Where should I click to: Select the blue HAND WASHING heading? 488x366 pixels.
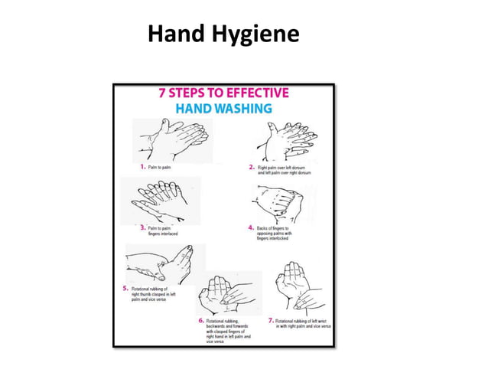point(223,109)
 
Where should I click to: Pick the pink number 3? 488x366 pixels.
point(143,227)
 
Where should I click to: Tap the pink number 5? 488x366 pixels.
point(125,288)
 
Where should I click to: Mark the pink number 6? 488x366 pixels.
point(201,320)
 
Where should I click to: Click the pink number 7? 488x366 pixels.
point(271,320)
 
